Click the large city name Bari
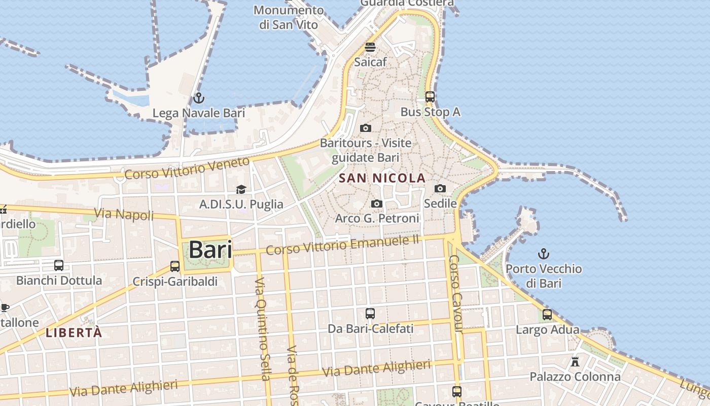[210, 250]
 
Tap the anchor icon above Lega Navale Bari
[199, 98]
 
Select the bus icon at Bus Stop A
[430, 96]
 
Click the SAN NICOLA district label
[382, 178]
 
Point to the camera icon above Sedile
[440, 189]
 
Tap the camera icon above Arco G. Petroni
[376, 204]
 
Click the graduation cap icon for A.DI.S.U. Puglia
[241, 189]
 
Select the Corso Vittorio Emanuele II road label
[343, 246]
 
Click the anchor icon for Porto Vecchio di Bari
[544, 253]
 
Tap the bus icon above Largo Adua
[547, 315]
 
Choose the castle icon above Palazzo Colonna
[575, 362]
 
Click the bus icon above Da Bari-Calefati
[370, 314]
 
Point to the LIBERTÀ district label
[74, 333]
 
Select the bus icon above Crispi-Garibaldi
[175, 266]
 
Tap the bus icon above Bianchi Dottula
[59, 265]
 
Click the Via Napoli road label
[124, 214]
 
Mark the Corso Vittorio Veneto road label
[188, 168]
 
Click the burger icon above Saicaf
[370, 47]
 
